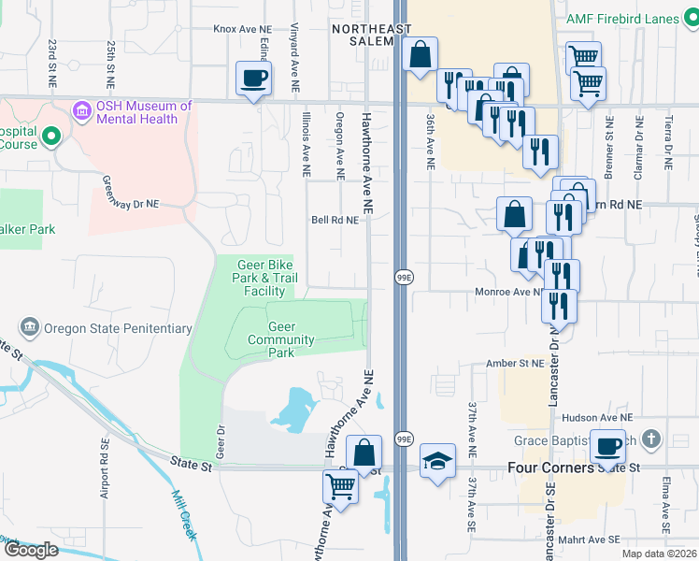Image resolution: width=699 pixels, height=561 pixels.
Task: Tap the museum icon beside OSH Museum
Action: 80,112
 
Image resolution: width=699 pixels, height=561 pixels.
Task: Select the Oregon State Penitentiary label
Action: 118,328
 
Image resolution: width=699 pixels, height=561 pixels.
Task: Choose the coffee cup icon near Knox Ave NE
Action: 253,79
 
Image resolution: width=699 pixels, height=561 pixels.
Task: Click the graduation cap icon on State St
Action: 436,462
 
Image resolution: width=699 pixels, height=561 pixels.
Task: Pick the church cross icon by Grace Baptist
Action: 651,439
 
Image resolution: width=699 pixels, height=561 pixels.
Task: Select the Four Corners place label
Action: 550,467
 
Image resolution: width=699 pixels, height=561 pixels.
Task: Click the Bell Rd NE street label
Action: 335,222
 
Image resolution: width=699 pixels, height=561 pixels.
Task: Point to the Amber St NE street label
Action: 514,363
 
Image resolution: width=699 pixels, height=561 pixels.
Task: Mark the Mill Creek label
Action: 184,513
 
